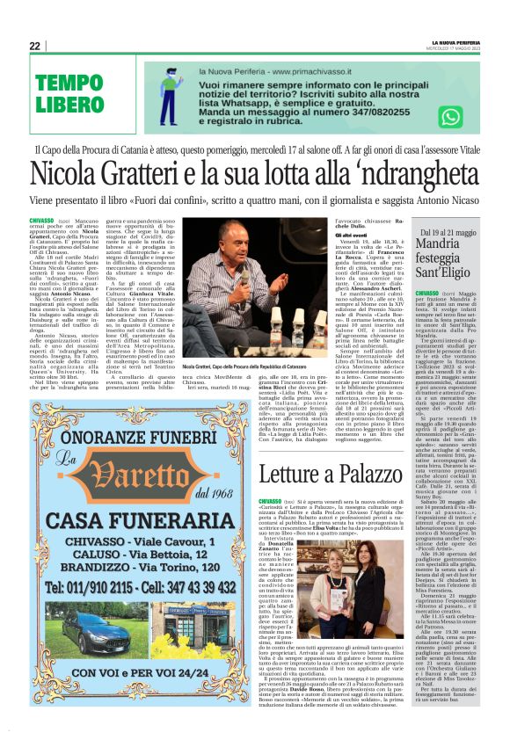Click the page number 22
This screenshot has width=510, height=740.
click(34, 46)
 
